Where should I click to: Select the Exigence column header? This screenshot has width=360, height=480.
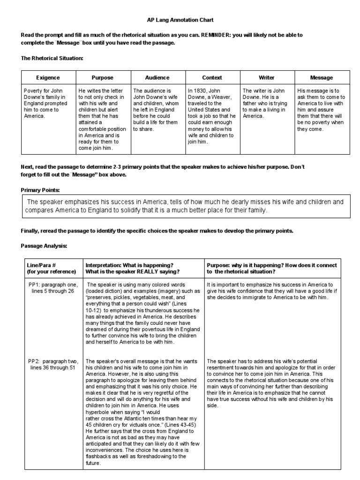[48, 77]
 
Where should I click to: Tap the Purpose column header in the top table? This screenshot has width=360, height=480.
[103, 77]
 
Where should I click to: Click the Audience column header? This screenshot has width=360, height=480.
[157, 77]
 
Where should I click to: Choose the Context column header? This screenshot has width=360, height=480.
[212, 77]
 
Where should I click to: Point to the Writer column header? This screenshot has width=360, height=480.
[266, 77]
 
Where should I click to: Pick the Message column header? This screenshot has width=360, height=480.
[322, 77]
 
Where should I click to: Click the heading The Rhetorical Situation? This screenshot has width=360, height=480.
[52, 58]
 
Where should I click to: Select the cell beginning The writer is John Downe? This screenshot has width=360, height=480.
[266, 103]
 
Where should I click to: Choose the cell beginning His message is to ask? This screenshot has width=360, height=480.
[322, 109]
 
